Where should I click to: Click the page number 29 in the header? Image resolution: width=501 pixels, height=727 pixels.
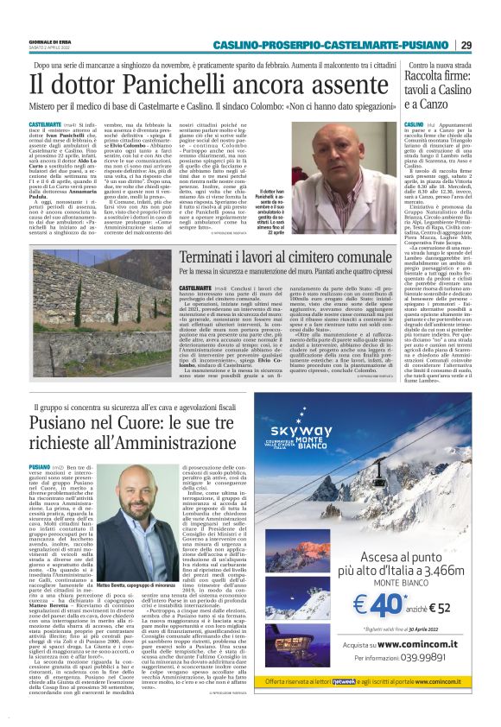pos(466,45)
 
